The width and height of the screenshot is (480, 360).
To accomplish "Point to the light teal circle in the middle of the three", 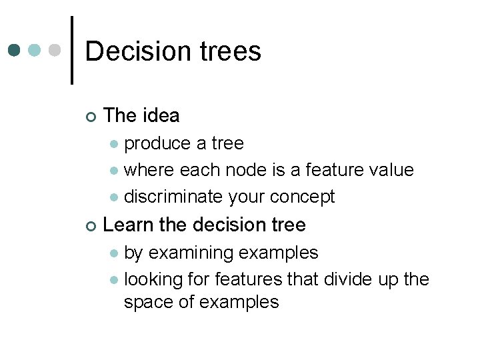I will pos(36,51).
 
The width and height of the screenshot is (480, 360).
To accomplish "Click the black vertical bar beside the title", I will pos(72,50).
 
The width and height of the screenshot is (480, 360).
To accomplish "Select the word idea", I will pos(161,115).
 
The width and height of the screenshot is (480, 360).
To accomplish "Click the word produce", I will pos(158,143).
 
